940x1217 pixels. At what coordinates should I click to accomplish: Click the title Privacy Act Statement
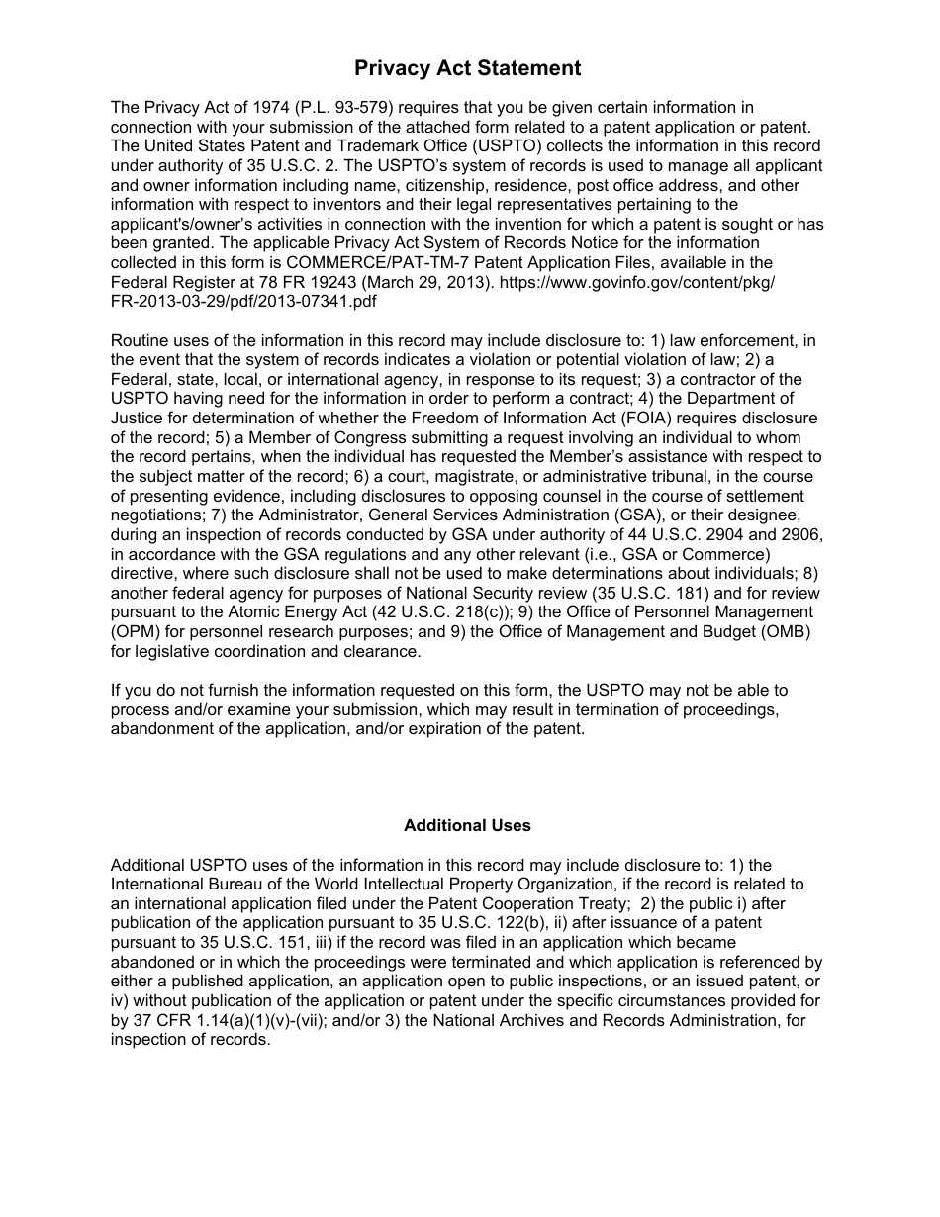click(468, 68)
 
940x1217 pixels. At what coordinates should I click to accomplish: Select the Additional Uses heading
click(467, 825)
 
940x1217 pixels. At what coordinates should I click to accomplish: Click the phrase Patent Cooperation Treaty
click(525, 903)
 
